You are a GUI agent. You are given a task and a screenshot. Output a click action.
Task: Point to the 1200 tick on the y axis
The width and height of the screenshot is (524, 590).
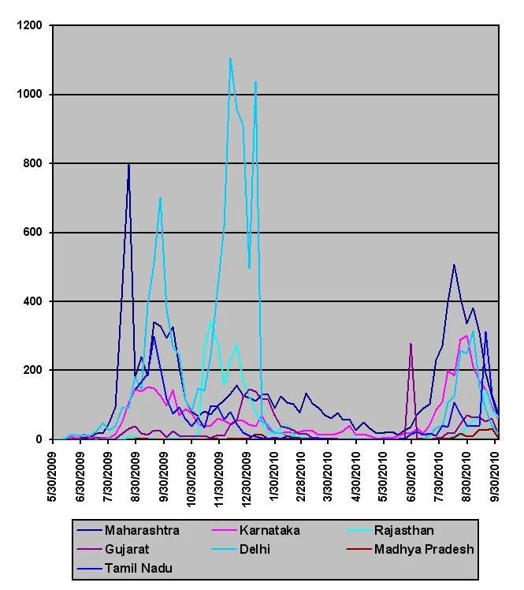coord(29,25)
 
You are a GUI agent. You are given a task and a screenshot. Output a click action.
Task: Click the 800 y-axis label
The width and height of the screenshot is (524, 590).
coord(32,163)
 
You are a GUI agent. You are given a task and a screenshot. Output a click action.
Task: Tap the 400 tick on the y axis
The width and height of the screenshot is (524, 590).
coord(32,301)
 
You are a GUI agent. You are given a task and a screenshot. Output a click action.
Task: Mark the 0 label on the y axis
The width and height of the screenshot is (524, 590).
coord(39,439)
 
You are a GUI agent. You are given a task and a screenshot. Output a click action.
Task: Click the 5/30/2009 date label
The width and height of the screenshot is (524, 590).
coord(52,476)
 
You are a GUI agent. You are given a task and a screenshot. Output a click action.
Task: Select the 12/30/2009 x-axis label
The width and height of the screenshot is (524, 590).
coord(246,480)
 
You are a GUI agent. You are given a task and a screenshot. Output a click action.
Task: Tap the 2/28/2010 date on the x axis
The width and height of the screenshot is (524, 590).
coord(301,476)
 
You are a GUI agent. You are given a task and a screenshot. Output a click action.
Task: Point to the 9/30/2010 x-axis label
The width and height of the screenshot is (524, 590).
coord(496,476)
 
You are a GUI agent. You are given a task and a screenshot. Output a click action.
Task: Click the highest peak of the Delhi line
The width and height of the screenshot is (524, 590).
coord(230,58)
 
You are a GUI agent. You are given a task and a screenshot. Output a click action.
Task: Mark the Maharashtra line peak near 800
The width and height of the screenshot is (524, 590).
coord(128,164)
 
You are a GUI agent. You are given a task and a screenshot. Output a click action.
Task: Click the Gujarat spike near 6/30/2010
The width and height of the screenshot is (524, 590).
coord(411,344)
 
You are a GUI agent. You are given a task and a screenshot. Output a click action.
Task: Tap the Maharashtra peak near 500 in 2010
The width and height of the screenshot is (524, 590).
coord(454,265)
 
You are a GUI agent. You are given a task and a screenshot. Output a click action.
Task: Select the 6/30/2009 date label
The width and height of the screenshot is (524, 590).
coord(80,476)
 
